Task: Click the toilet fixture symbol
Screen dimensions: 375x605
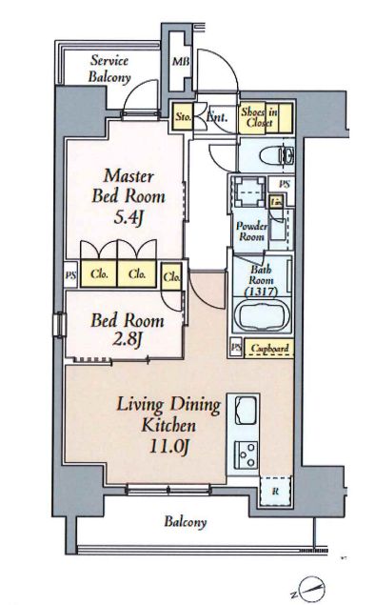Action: (x=278, y=156)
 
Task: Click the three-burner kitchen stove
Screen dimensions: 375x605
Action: (x=247, y=454)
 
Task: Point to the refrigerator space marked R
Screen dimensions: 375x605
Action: (x=275, y=492)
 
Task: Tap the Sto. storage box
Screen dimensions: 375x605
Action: (x=183, y=116)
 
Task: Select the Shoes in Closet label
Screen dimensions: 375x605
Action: (x=260, y=117)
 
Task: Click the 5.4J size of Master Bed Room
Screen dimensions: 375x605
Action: (x=128, y=218)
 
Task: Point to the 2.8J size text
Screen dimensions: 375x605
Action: (x=128, y=340)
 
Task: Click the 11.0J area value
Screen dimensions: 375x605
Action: (x=168, y=447)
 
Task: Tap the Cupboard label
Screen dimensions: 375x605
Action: (x=269, y=349)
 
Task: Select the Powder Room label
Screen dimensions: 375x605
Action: (x=251, y=231)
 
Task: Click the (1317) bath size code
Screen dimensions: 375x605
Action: (x=262, y=292)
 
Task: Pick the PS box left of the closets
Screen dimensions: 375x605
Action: (x=71, y=275)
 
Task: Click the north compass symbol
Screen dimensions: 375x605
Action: (x=311, y=588)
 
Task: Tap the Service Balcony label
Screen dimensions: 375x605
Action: (x=109, y=69)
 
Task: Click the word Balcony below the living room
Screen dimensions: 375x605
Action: (x=186, y=522)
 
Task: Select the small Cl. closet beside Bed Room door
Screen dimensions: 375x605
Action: (x=171, y=276)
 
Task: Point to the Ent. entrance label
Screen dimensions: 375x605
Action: (x=217, y=116)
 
